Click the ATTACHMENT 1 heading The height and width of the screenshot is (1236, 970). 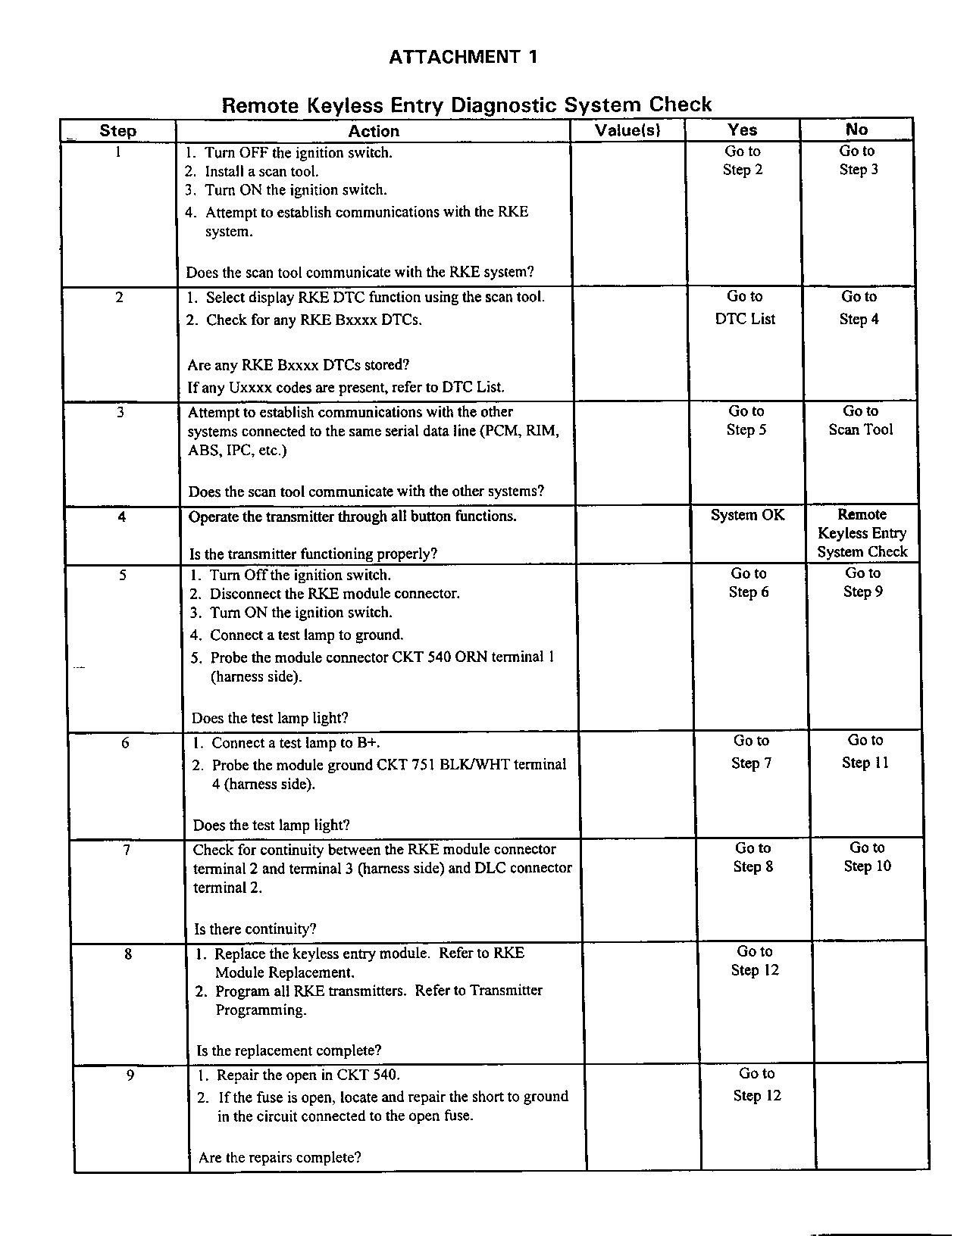463,57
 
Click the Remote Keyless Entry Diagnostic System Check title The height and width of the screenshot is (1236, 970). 466,105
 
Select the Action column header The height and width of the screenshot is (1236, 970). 373,131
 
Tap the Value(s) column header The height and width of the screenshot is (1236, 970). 627,130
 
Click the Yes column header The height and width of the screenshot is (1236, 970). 743,130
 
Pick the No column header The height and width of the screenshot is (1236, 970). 857,130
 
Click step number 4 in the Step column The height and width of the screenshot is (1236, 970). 122,518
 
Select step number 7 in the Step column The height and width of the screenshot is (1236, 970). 127,850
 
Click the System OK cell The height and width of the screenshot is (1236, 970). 747,516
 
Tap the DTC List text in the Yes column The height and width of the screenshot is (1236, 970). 745,319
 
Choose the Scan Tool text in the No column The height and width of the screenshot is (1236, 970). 861,429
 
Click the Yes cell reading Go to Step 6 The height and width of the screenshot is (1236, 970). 749,582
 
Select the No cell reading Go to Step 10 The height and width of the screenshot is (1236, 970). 868,857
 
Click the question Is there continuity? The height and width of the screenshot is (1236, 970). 255,929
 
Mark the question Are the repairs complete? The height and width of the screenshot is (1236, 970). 280,1157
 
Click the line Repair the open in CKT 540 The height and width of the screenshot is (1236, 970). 308,1075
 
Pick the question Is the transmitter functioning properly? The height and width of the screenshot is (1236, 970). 313,554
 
